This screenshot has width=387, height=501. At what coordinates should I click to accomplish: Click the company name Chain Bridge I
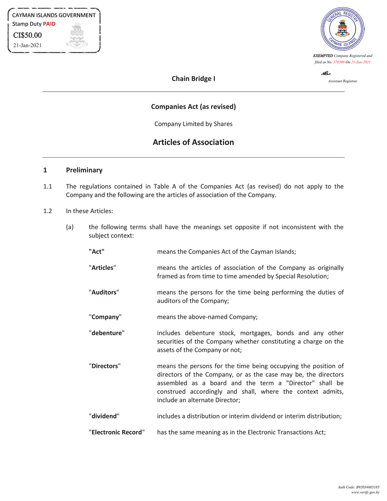click(x=193, y=79)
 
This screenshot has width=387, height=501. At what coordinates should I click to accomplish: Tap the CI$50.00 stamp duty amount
click(x=27, y=35)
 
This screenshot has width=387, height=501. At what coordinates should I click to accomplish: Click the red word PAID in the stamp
click(x=49, y=24)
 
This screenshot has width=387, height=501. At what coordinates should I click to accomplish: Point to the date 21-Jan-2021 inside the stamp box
click(x=27, y=46)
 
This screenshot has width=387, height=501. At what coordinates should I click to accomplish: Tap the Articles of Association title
click(x=193, y=142)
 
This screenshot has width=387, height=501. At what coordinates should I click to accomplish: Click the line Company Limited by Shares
click(x=193, y=124)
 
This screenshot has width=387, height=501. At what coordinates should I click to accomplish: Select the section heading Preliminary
click(x=84, y=170)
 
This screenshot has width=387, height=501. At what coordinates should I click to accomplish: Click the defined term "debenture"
click(x=107, y=333)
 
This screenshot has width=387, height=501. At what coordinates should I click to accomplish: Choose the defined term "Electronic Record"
click(x=117, y=432)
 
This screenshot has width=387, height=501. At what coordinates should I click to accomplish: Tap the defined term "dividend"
click(x=104, y=416)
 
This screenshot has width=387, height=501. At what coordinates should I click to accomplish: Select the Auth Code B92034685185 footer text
click(x=358, y=487)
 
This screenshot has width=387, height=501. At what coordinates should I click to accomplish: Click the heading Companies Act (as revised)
click(x=193, y=107)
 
